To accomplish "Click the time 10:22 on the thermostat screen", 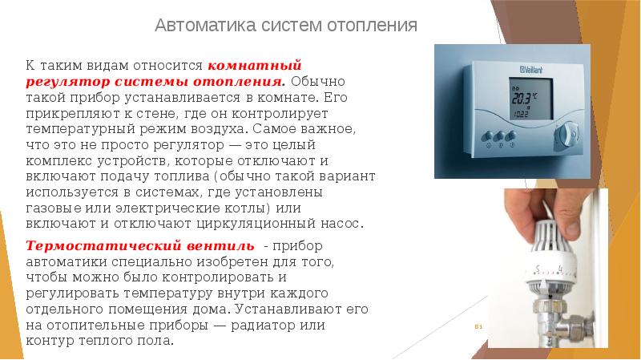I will (x=521, y=114).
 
